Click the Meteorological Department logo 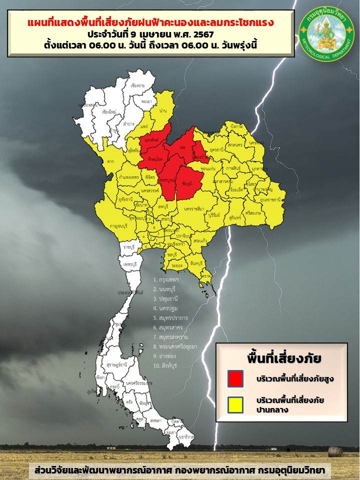point(325,31)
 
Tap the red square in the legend point(235,378)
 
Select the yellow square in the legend point(235,404)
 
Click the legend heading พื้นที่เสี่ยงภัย point(283,358)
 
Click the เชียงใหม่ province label point(109,112)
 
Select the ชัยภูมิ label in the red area point(188,183)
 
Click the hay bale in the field point(335,451)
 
